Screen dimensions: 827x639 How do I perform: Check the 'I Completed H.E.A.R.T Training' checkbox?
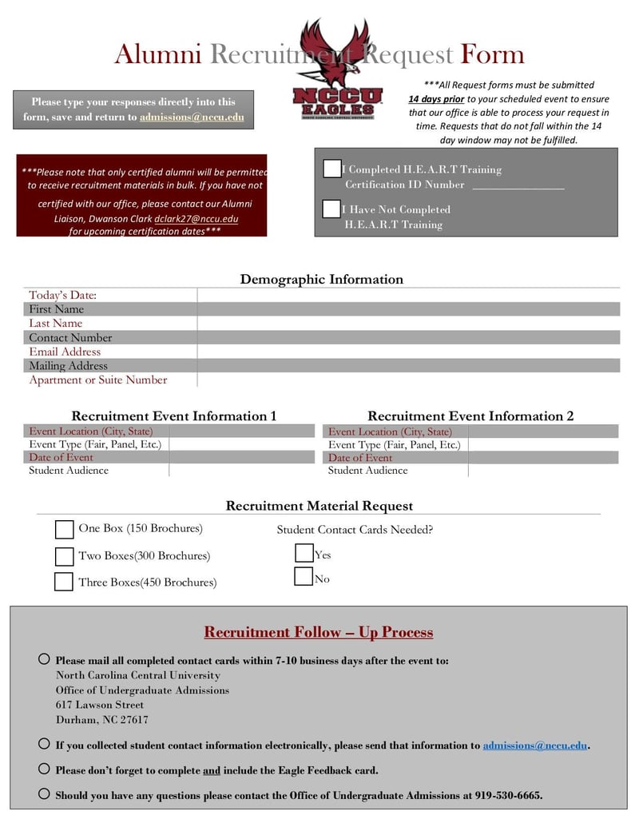click(331, 169)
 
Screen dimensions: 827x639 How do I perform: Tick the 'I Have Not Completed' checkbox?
click(331, 209)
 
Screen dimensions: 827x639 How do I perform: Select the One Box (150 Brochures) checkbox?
click(65, 530)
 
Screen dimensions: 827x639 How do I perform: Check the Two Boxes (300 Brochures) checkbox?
click(65, 556)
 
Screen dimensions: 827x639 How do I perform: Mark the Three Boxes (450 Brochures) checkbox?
click(64, 582)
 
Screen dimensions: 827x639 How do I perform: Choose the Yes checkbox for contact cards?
click(304, 553)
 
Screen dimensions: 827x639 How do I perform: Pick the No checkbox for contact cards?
click(304, 577)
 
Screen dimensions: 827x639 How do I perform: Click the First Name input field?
click(407, 309)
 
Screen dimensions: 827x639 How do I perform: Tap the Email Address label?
click(65, 352)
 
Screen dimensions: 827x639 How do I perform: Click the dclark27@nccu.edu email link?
click(196, 219)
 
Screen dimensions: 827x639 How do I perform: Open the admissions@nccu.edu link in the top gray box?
click(192, 117)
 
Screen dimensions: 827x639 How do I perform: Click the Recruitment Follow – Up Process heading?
click(319, 633)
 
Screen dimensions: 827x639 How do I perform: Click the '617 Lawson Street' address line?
click(100, 705)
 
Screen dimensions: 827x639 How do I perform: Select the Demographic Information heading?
click(321, 280)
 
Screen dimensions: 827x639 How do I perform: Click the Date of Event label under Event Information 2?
click(360, 458)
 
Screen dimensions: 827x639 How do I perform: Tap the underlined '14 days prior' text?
click(436, 99)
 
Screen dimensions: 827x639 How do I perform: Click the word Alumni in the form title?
click(158, 54)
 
